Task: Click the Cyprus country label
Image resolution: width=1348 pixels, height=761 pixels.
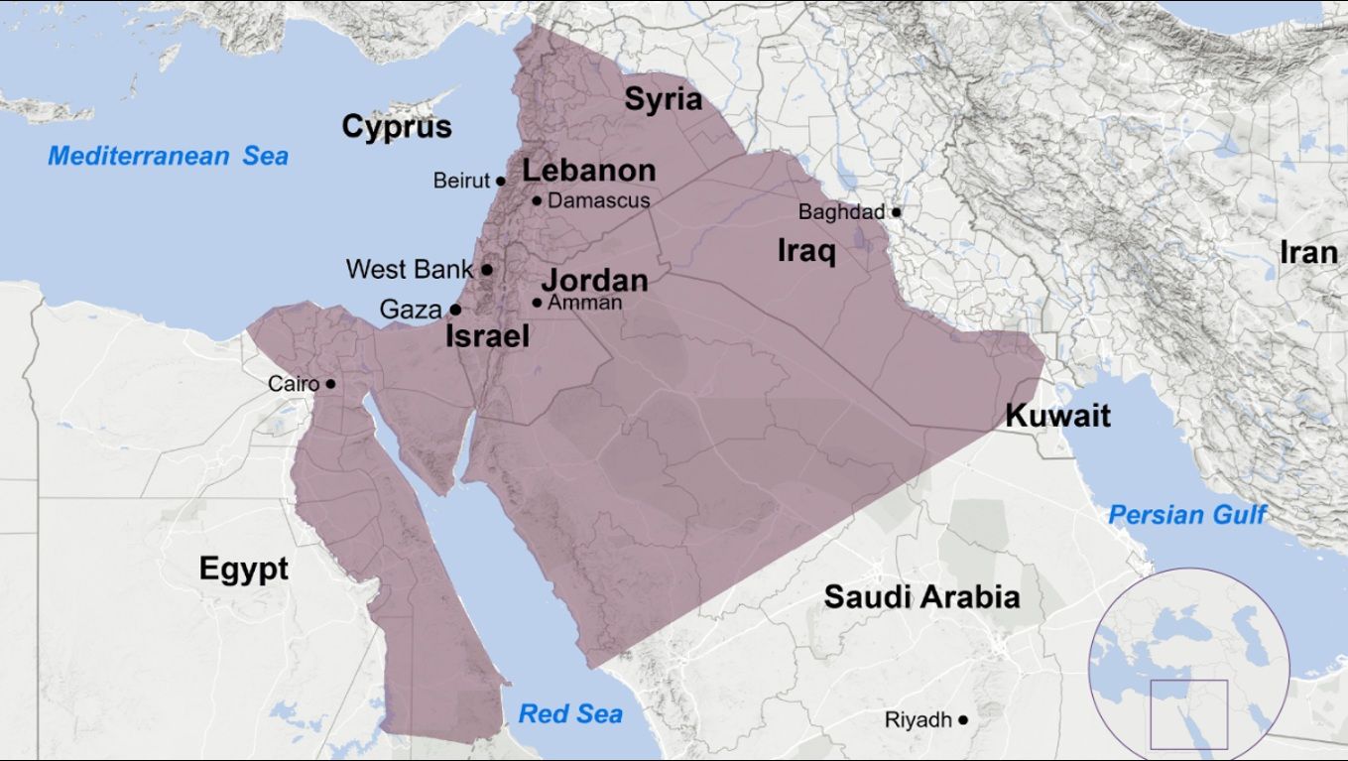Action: pyautogui.click(x=397, y=127)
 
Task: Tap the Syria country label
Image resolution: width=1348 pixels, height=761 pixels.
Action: pyautogui.click(x=663, y=99)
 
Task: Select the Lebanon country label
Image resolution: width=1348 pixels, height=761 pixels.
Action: pyautogui.click(x=589, y=171)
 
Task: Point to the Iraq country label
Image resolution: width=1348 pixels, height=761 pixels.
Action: pyautogui.click(x=805, y=251)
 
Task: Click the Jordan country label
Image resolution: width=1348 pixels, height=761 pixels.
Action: pyautogui.click(x=594, y=280)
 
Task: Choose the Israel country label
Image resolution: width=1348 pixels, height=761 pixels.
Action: pyautogui.click(x=487, y=336)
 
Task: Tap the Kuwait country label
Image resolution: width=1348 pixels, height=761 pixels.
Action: pyautogui.click(x=1057, y=415)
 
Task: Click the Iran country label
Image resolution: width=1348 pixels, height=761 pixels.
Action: pyautogui.click(x=1307, y=253)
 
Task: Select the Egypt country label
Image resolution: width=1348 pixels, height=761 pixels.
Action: pyautogui.click(x=244, y=569)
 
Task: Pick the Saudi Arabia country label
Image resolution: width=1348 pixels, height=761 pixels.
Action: pyautogui.click(x=921, y=597)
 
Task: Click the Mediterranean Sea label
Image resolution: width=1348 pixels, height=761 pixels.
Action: pyautogui.click(x=169, y=156)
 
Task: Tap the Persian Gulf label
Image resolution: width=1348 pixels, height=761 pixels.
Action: pyautogui.click(x=1187, y=515)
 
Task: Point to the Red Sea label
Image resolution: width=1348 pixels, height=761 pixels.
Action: pyautogui.click(x=570, y=713)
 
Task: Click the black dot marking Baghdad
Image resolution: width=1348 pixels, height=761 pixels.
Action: pyautogui.click(x=896, y=211)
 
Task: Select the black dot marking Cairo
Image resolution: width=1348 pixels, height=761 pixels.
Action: pyautogui.click(x=330, y=384)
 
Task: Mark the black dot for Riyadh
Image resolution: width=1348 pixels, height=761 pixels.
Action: pyautogui.click(x=963, y=718)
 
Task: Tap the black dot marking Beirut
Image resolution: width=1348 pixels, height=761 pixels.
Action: pyautogui.click(x=501, y=181)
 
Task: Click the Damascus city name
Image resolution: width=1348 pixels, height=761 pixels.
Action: pyautogui.click(x=598, y=200)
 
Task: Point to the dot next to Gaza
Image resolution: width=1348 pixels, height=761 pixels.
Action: pyautogui.click(x=455, y=310)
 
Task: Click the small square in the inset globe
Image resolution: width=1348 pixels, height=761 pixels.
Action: pyautogui.click(x=1188, y=713)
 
